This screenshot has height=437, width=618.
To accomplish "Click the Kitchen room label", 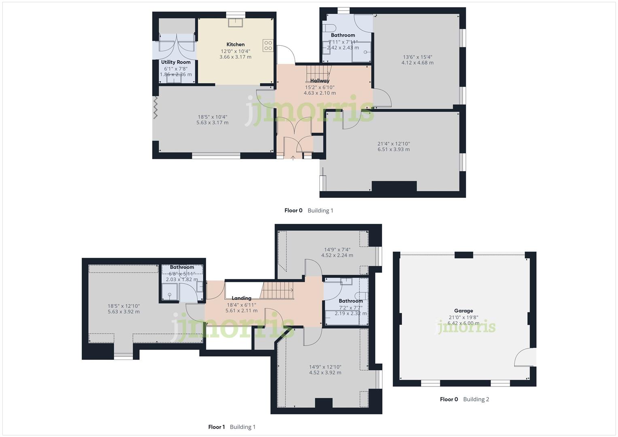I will [235, 45].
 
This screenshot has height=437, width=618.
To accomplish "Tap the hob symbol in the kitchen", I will [268, 45].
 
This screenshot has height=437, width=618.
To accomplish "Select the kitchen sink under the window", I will [236, 22].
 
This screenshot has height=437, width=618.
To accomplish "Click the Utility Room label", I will [176, 62].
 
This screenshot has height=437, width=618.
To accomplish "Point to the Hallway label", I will [320, 81].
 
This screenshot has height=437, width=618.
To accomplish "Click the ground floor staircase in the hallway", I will [318, 73].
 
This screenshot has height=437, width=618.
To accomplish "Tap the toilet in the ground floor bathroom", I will [329, 28].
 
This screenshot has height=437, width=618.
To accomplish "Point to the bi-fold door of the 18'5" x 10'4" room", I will [155, 107].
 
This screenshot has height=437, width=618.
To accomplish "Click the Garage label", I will [463, 311].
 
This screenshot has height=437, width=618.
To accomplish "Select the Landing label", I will [241, 298].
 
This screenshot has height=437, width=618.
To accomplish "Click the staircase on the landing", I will [278, 291].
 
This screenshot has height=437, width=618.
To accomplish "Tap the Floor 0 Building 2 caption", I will [464, 399].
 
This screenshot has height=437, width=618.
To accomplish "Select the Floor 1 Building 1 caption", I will [232, 427].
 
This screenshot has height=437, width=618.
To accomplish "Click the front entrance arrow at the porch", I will [293, 157].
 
